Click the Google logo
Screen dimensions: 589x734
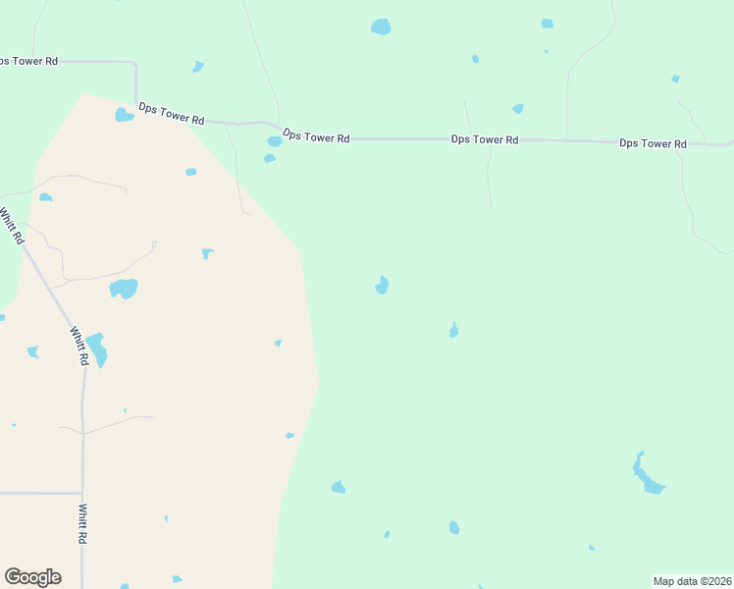tap(32, 576)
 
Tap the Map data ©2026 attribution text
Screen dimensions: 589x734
tap(691, 580)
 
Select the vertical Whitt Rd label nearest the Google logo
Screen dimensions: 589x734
tap(82, 524)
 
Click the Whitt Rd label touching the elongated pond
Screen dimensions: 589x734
tap(79, 347)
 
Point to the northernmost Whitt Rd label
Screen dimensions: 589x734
tap(11, 226)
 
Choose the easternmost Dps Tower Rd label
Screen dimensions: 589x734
tap(653, 143)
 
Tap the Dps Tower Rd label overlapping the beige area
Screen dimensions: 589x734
tap(171, 113)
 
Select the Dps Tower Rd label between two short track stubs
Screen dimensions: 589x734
tap(485, 139)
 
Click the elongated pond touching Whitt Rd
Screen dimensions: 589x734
tap(96, 349)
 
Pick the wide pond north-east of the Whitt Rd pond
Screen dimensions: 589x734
tap(124, 289)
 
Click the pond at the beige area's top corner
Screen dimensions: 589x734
tap(124, 115)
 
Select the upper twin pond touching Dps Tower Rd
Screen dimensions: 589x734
tap(275, 141)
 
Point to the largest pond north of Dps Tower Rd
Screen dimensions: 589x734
tap(381, 27)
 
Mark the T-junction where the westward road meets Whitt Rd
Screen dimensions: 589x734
tap(82, 493)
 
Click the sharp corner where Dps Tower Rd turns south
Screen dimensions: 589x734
tap(135, 63)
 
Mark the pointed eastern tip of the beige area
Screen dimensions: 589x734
tap(319, 382)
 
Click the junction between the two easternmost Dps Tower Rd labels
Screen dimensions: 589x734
tap(567, 140)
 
